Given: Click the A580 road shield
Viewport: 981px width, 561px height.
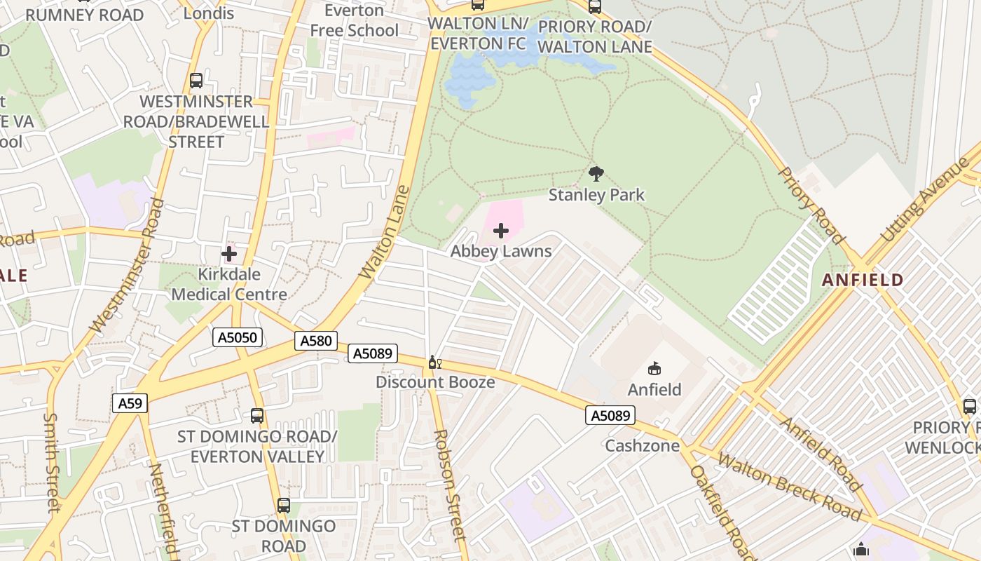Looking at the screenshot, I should [x=315, y=341].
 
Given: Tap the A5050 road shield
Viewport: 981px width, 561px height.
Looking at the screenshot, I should [x=238, y=337].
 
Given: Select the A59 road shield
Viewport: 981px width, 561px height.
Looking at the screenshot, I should [x=130, y=403].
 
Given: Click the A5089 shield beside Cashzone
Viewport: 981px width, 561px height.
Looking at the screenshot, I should [x=610, y=416].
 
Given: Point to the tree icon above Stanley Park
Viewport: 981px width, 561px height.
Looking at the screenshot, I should [x=596, y=173].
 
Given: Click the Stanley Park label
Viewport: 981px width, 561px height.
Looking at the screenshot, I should [x=596, y=194].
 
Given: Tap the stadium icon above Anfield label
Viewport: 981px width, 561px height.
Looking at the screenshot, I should [x=654, y=368].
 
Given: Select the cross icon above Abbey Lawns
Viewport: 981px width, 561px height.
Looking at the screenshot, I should [x=501, y=231].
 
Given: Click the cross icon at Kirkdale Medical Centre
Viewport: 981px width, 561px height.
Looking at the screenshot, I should [x=229, y=254].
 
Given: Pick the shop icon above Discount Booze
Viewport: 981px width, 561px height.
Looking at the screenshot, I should [x=434, y=363].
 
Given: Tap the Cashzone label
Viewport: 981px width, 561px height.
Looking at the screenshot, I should [x=642, y=445].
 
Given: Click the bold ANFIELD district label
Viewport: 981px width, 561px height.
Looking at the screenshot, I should [x=863, y=280].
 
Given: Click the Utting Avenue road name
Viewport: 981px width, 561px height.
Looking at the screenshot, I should [x=923, y=201].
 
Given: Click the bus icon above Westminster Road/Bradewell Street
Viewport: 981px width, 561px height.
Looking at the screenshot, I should [x=196, y=81].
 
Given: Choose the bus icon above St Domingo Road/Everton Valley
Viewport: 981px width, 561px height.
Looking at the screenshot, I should [x=257, y=415].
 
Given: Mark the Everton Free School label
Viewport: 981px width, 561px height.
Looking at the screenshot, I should [x=354, y=20].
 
